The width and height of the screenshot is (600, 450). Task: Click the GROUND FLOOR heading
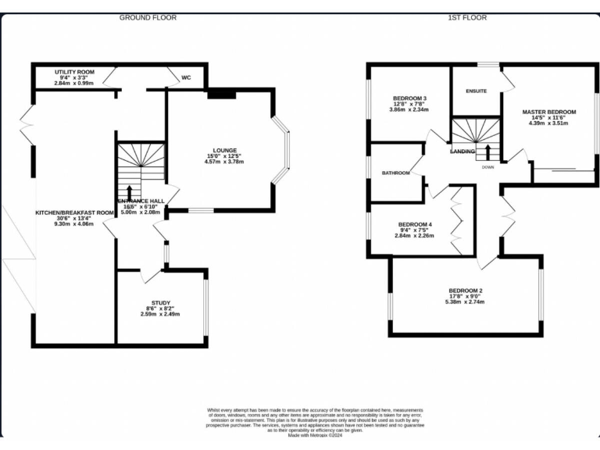coord(148,17)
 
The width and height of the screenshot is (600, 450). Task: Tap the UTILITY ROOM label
coord(74,72)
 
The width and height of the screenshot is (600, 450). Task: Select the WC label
coord(186,78)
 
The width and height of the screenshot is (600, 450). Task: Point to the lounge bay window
coord(284,150)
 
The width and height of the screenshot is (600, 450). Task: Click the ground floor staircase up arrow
coord(129,192)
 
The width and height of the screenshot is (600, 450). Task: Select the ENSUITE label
coord(476,91)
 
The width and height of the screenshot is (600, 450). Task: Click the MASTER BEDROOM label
coord(548,112)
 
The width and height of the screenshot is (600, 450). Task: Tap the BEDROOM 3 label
coord(409,98)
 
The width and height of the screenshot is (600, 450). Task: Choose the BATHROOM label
coord(395,173)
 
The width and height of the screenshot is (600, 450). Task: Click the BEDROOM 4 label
coord(415,225)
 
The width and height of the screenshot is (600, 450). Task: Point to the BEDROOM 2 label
coord(465,291)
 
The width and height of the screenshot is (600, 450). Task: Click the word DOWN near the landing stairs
coord(487,167)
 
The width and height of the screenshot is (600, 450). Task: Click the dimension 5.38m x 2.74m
coord(465,303)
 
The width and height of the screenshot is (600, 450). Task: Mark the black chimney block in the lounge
coord(222,94)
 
